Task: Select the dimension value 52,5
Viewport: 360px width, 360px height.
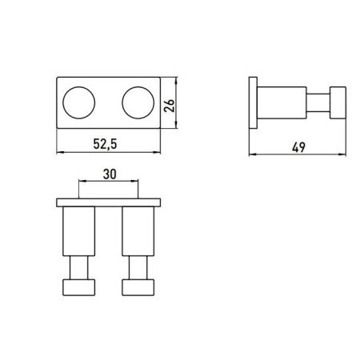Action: [x=109, y=146]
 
